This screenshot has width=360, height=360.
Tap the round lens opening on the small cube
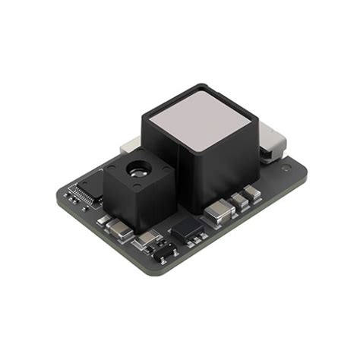click(x=135, y=169)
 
